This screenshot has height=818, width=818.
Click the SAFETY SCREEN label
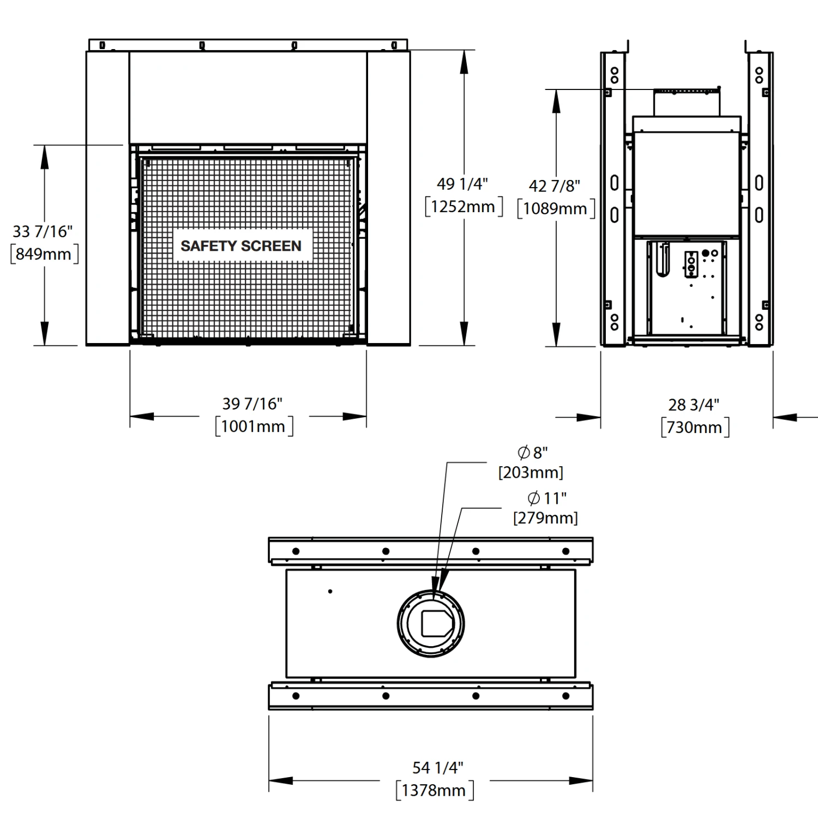[x=241, y=246]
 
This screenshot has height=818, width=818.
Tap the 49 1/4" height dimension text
[x=462, y=184]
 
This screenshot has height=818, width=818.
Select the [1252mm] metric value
[x=464, y=207]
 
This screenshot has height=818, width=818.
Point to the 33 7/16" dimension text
[x=43, y=231]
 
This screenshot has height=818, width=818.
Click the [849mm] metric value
[x=44, y=254]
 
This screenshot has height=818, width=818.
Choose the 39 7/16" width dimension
[x=252, y=404]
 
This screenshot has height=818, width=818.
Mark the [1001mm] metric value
[x=254, y=426]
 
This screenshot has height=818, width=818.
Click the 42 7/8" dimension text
[x=555, y=186]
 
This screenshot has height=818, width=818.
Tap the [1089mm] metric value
[x=556, y=209]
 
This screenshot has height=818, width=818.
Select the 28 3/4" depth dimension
[x=694, y=405]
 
